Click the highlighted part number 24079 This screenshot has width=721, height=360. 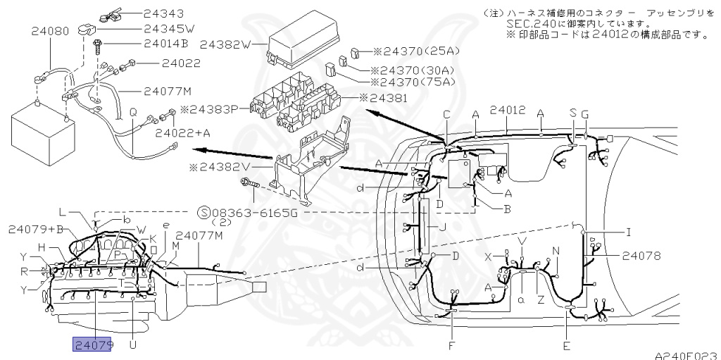click(x=92, y=345)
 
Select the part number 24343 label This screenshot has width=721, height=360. click(x=164, y=13)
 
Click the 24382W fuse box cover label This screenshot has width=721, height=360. click(x=225, y=44)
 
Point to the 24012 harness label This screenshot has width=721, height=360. click(x=508, y=111)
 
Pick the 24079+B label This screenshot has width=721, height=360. click(x=36, y=229)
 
